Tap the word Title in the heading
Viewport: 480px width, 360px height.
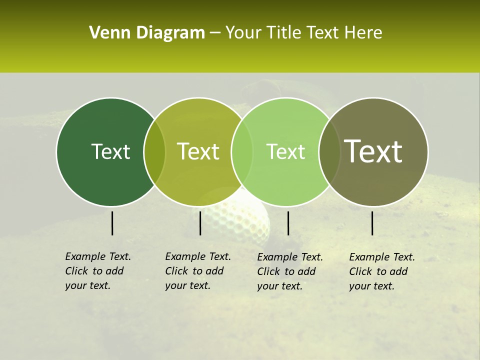click(285, 33)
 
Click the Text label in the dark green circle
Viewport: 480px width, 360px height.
click(110, 151)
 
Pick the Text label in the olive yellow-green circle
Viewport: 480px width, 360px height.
click(198, 151)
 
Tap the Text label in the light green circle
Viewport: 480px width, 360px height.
click(285, 151)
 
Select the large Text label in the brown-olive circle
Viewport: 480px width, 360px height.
click(373, 151)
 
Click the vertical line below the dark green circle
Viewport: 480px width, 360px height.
click(112, 223)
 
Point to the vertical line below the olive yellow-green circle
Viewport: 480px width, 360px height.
click(200, 223)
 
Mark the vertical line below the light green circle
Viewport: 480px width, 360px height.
click(288, 223)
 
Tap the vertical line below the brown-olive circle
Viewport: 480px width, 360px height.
click(372, 223)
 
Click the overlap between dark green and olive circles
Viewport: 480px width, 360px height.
click(154, 151)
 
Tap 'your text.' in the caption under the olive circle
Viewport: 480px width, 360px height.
click(187, 285)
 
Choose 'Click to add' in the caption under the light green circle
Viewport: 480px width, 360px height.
click(286, 271)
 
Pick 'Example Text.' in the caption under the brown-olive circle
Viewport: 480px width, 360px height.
click(382, 257)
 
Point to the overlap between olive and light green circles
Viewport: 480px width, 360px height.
click(241, 151)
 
